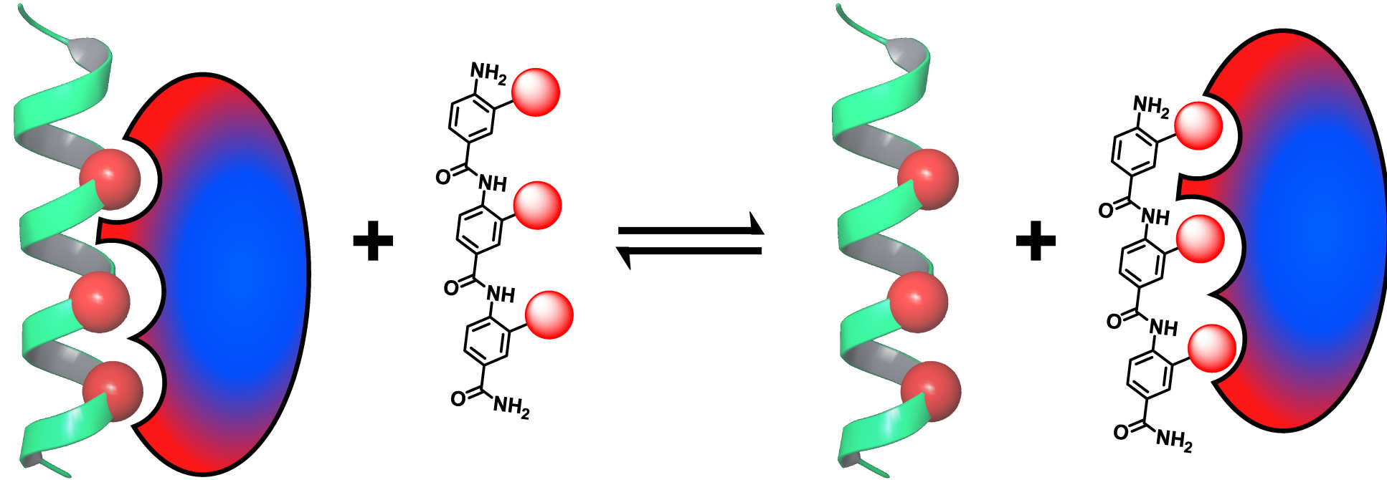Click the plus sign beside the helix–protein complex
[373, 239]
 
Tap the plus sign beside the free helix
[1036, 239]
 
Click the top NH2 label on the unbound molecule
[488, 73]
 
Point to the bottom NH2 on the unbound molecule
[511, 408]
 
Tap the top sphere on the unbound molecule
[536, 92]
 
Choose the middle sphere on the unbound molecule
[537, 205]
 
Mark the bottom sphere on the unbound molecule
[549, 313]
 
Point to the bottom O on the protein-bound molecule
[1122, 432]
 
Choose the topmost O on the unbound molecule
[444, 176]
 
